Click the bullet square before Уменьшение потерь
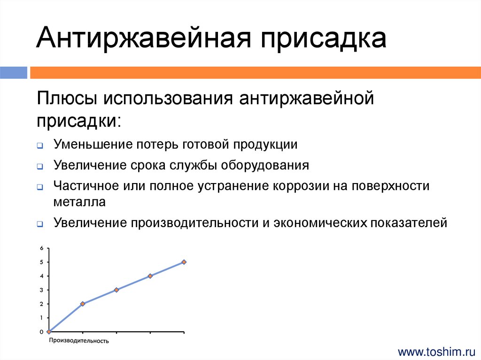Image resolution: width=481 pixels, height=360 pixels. pos(40,146)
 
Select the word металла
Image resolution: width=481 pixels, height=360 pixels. pos(79,202)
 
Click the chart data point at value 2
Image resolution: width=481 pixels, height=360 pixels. pos(83,304)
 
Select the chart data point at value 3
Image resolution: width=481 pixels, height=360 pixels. pos(116,290)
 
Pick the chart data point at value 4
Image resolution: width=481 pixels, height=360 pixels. pos(150,276)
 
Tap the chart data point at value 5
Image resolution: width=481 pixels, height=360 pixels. pos(184,262)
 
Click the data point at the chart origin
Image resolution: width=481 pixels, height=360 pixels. pos(49,332)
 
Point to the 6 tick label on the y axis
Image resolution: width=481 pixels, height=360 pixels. pos(41,248)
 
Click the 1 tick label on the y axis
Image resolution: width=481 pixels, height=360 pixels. pos(41,318)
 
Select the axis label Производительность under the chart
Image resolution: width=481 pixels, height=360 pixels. pos(79,341)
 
